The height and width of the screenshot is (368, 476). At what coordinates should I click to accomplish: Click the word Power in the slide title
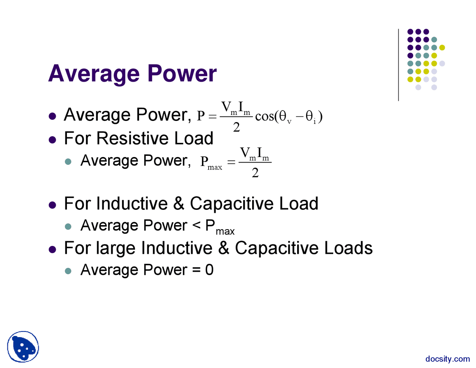click(x=182, y=73)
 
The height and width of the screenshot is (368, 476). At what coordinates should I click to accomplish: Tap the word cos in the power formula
click(x=264, y=116)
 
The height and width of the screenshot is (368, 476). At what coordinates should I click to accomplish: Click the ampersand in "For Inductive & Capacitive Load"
click(x=179, y=204)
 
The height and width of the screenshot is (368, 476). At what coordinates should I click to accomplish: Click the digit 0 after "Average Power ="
click(x=209, y=270)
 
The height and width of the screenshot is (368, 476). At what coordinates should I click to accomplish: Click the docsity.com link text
click(x=447, y=359)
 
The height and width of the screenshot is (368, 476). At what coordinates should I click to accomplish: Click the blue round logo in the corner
click(x=23, y=347)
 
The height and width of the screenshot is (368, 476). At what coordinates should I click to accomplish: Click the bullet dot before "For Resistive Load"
click(x=52, y=140)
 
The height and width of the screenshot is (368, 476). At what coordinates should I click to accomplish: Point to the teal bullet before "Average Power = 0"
click(x=68, y=271)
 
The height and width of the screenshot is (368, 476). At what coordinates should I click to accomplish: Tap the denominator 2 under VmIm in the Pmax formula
click(x=255, y=173)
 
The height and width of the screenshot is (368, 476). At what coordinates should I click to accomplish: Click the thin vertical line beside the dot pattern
click(x=398, y=65)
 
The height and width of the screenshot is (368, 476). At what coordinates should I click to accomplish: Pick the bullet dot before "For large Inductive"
click(x=52, y=250)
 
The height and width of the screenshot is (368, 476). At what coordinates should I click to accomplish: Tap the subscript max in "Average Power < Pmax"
click(x=225, y=231)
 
